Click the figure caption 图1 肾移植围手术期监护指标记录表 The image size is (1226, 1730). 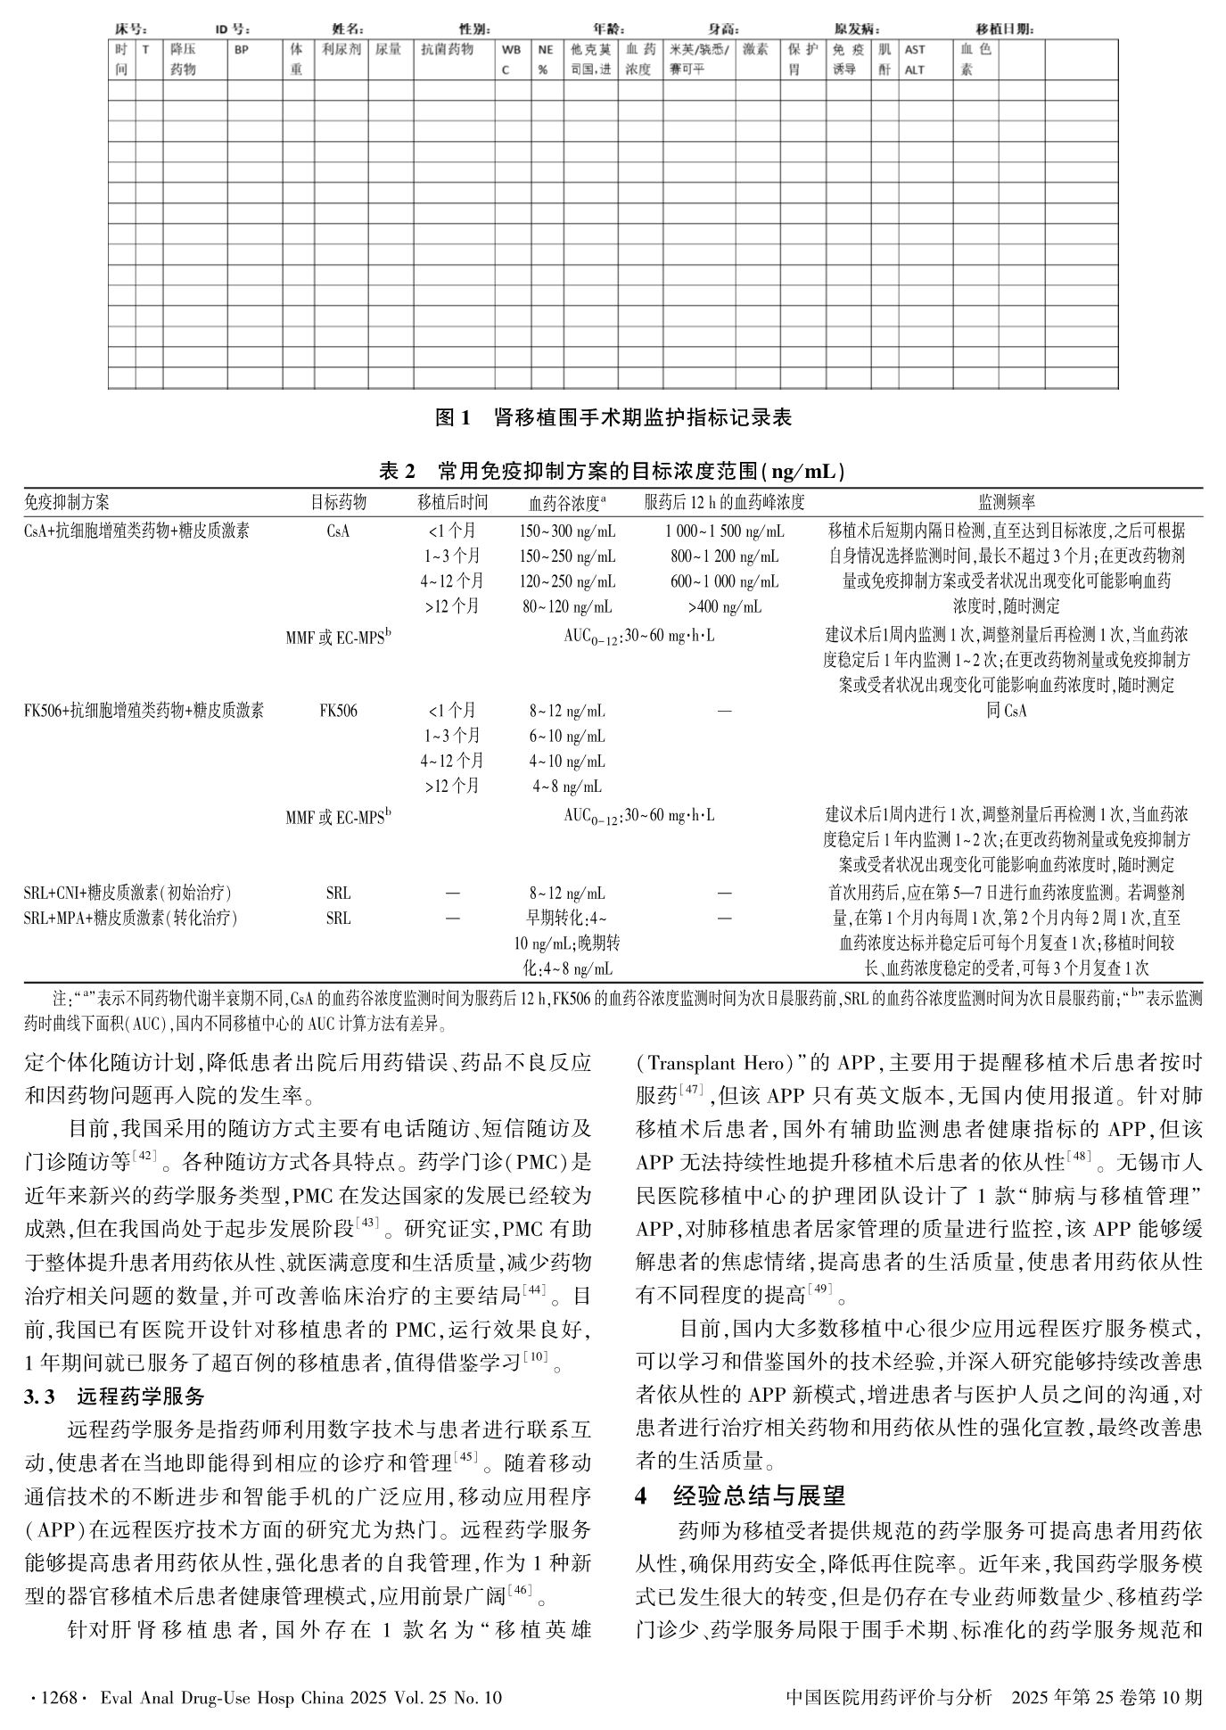[613, 417]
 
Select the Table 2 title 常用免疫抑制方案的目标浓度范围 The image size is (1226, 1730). [613, 471]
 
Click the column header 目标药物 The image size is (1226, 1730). [338, 503]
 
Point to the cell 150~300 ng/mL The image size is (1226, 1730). [567, 532]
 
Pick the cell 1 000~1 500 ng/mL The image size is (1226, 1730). [724, 532]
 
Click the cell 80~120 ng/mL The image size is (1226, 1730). [567, 607]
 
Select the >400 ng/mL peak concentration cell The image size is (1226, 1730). [724, 607]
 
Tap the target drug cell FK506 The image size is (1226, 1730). [338, 712]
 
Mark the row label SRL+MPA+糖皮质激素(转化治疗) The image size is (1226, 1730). [131, 919]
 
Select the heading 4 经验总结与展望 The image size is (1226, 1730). [740, 1495]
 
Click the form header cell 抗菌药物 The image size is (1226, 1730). [447, 51]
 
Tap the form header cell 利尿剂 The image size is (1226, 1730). [341, 51]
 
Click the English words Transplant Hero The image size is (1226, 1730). [713, 1063]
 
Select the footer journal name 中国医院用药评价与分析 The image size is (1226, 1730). [889, 1698]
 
